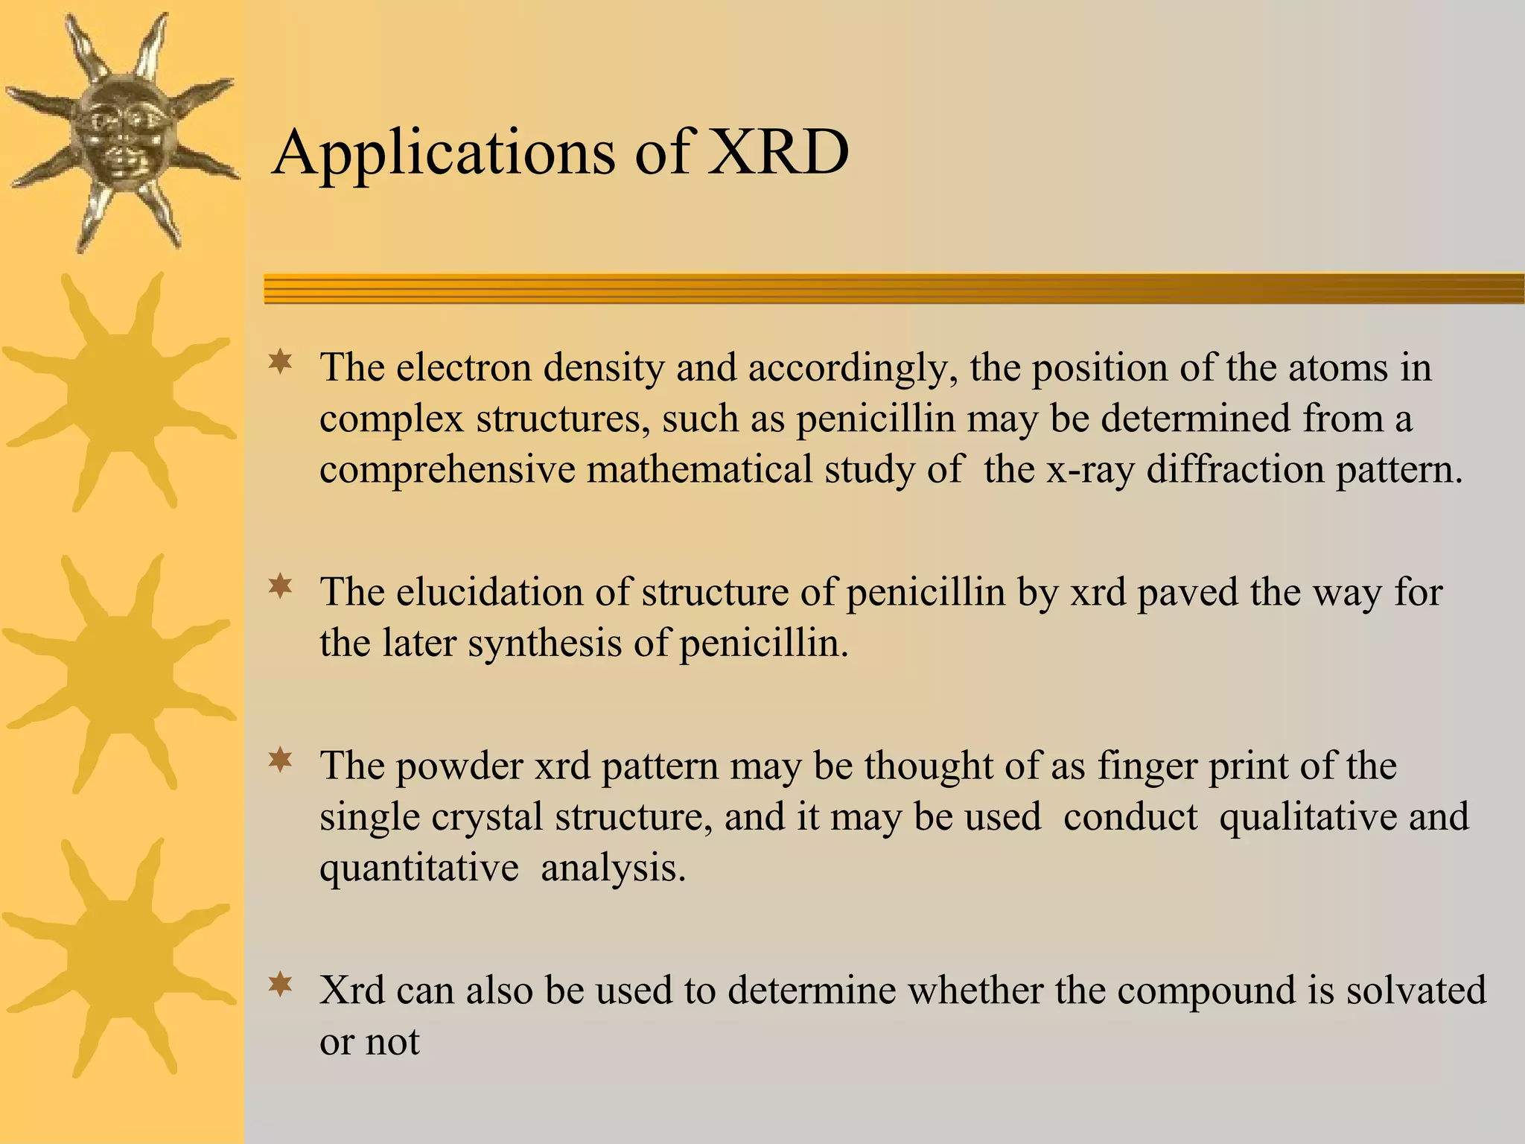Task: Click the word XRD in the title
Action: tap(777, 152)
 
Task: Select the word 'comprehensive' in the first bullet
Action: tap(447, 470)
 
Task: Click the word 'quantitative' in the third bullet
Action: tap(419, 868)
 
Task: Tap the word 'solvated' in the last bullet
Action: tap(1416, 991)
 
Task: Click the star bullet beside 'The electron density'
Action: tap(280, 363)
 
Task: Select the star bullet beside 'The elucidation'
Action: tap(280, 587)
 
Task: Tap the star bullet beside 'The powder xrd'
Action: tap(280, 760)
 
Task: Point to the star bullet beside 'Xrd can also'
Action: tap(280, 985)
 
